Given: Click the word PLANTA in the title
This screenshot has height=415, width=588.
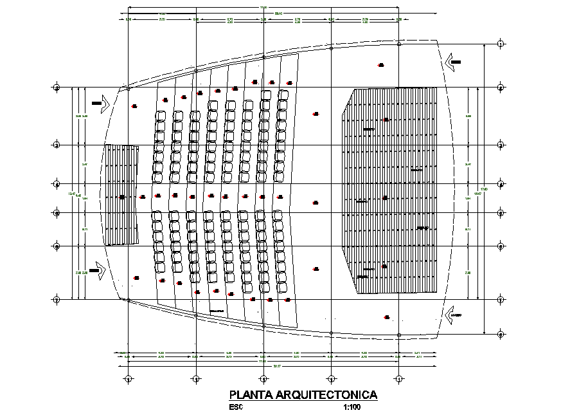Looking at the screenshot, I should [249, 395].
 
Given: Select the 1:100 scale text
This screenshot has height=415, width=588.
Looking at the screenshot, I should [353, 407].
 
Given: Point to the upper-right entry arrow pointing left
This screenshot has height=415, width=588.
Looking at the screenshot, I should [454, 62].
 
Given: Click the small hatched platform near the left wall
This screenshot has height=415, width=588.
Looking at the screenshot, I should [122, 195].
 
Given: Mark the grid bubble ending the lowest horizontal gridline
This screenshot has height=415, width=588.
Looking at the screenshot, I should [501, 334].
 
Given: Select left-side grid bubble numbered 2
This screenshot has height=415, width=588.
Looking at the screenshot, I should [57, 88].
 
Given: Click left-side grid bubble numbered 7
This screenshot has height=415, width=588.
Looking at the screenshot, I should [57, 300].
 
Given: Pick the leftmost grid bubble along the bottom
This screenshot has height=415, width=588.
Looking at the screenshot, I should [129, 379].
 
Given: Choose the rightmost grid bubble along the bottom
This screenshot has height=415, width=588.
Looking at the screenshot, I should [399, 379].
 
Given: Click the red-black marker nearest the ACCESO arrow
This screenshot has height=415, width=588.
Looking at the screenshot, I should [387, 317].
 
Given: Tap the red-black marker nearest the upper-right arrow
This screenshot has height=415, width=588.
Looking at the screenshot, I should [381, 65].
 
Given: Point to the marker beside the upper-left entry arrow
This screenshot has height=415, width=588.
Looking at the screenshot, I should [134, 106].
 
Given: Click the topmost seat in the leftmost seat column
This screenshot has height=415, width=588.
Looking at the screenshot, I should [160, 116].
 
